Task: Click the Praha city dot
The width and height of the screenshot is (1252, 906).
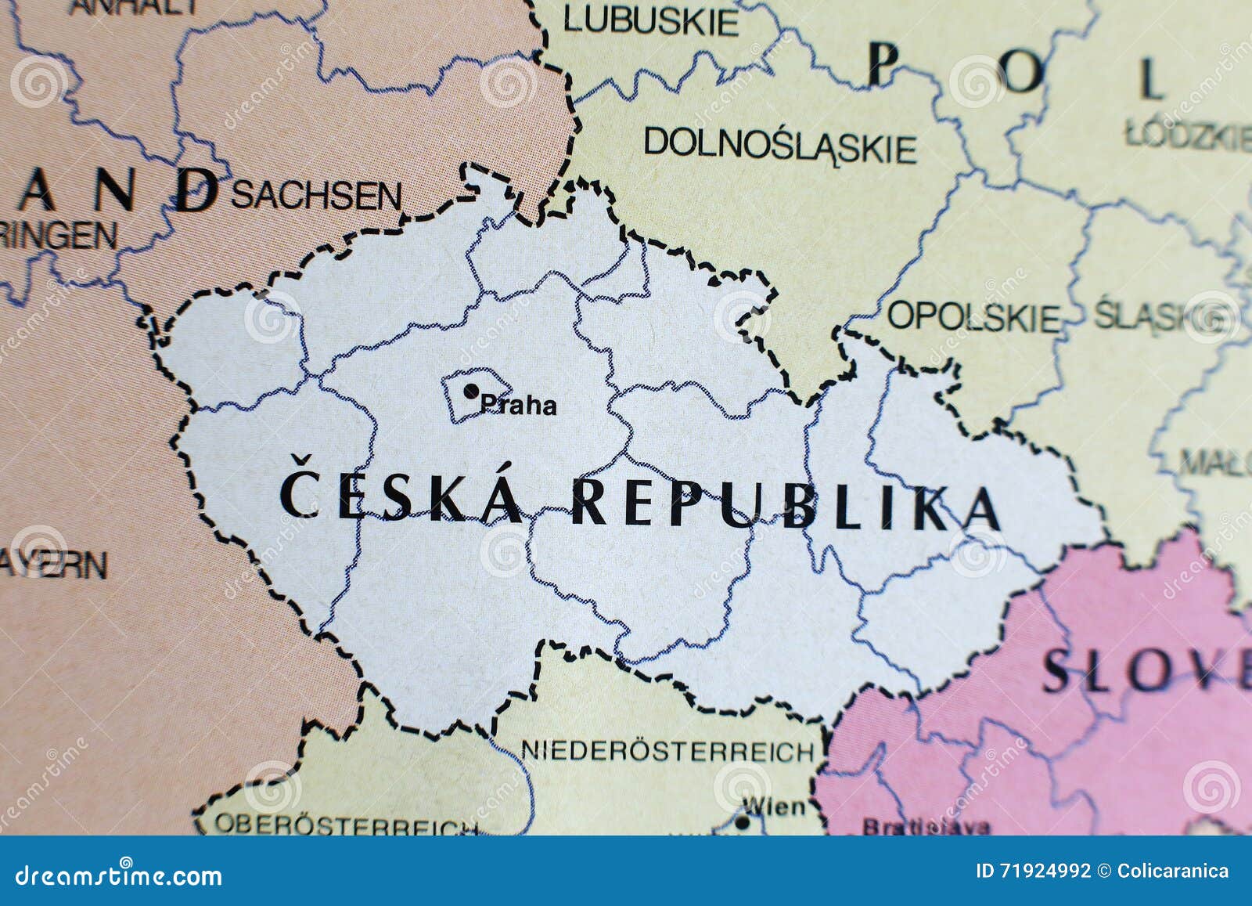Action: [x=471, y=390]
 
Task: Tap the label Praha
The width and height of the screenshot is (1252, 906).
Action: [x=519, y=406]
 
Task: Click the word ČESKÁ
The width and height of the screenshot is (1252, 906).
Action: [x=401, y=498]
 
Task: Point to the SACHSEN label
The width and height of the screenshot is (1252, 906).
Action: [x=316, y=196]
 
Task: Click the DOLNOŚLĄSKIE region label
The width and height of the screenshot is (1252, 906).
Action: [x=779, y=146]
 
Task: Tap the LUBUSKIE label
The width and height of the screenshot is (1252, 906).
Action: [x=650, y=21]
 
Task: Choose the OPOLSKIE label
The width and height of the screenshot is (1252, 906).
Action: [x=973, y=317]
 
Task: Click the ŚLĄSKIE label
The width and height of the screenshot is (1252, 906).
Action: [x=1160, y=317]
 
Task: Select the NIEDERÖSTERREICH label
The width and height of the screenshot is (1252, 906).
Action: [x=667, y=752]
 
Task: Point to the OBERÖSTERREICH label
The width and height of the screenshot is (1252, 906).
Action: [x=344, y=825]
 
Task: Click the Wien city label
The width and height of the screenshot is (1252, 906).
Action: [x=773, y=806]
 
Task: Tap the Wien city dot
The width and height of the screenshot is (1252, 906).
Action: [x=742, y=823]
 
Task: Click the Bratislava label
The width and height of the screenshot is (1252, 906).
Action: [x=925, y=826]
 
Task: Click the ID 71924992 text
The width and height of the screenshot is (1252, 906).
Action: [x=1032, y=871]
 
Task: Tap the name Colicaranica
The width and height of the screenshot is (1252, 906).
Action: [x=1174, y=871]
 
